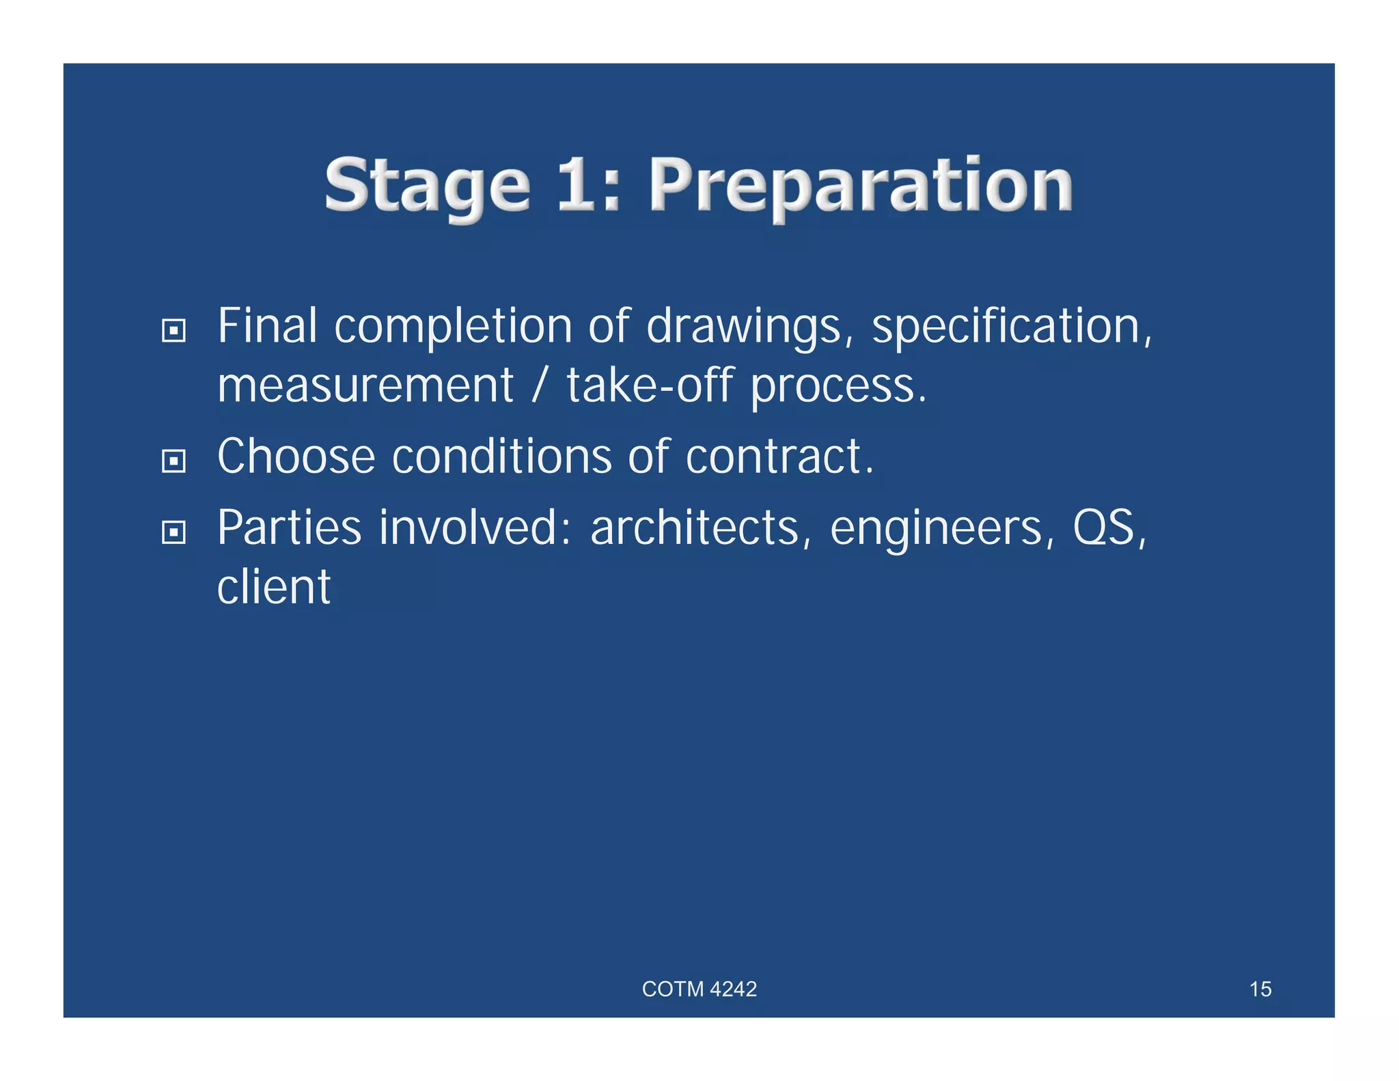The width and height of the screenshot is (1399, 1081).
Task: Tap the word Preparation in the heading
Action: coord(861,186)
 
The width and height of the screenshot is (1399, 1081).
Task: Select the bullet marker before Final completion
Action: coord(174,331)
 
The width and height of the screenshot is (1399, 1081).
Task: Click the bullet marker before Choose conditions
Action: coord(174,461)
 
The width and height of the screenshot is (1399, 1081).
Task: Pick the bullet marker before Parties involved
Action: coord(174,532)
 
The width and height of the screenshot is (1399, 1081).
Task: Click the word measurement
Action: coord(365,385)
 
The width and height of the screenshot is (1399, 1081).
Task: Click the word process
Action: coord(838,387)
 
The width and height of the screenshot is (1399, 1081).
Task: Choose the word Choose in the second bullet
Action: coord(296,456)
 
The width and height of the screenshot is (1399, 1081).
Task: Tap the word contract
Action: coord(779,456)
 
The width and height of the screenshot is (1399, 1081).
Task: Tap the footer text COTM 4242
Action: coord(699,989)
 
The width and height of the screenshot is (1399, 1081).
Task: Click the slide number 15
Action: coord(1260,989)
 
